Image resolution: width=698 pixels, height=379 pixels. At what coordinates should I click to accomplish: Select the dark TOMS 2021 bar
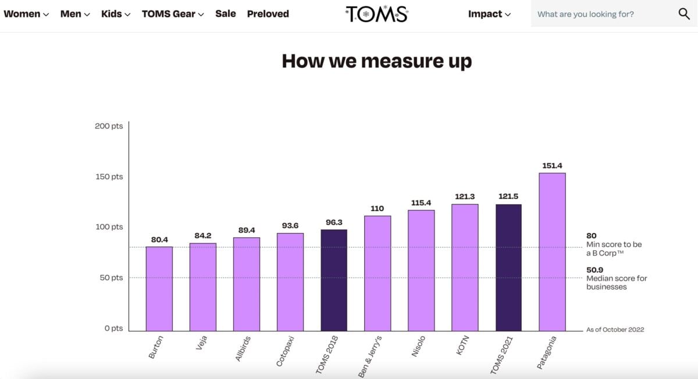point(508,267)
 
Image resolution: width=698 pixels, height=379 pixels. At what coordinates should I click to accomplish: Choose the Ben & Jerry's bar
point(378,273)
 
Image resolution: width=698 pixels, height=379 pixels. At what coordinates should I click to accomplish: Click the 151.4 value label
point(552,166)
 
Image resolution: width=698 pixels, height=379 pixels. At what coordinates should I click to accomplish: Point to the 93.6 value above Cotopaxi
point(290,226)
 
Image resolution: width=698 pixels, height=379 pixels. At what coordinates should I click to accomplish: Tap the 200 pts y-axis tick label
point(109,126)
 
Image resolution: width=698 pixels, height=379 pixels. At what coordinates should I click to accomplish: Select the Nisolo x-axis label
point(419,346)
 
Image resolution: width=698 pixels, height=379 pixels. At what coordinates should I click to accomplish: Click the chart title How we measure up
point(376,61)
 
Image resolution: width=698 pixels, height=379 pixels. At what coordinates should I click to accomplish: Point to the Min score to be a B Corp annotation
point(614,245)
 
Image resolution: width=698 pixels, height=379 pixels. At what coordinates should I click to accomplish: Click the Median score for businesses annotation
point(616,278)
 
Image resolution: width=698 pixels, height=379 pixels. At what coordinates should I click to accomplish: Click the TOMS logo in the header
point(376,14)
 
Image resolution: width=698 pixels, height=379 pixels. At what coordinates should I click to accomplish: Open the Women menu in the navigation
point(26,14)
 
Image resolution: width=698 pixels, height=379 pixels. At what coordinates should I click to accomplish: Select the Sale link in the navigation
point(225,14)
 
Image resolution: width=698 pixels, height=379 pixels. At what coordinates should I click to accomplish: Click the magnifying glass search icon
point(684,14)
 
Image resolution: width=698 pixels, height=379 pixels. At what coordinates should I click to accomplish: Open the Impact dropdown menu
point(489,14)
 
